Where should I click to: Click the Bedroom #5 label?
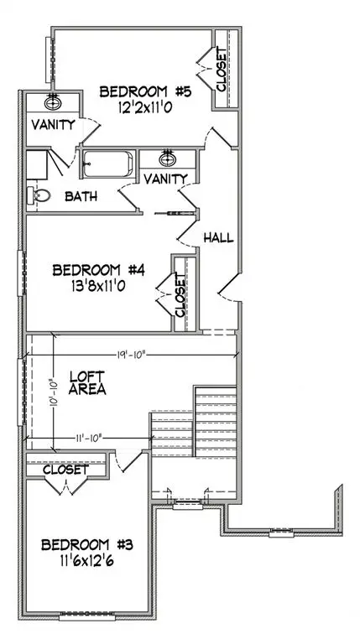coord(146,91)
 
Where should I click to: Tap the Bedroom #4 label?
coord(99,270)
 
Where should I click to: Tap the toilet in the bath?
coord(38,196)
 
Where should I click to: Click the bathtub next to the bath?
coord(107,164)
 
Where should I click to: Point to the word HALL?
coord(217,238)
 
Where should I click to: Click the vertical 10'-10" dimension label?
coord(55,391)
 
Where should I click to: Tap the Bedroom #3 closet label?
coord(65,470)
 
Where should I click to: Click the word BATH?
coord(81,197)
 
